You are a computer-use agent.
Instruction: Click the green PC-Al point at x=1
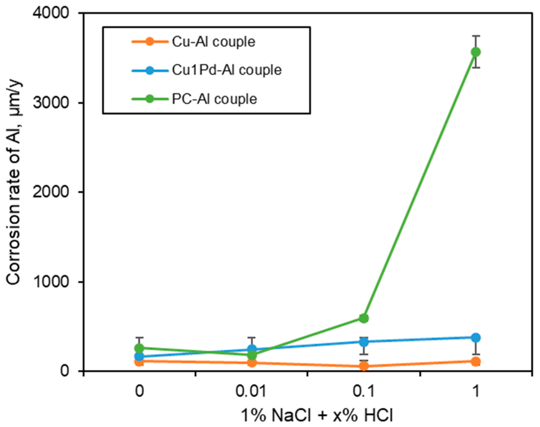476,52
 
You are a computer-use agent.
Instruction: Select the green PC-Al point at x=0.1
364,318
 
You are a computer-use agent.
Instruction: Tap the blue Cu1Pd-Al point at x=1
476,338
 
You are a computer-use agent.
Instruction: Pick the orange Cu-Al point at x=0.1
364,366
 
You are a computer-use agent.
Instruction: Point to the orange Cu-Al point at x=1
476,361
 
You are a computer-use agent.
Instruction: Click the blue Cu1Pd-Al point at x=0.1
364,342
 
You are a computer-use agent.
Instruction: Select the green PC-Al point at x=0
139,348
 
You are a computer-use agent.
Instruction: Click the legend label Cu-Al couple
213,42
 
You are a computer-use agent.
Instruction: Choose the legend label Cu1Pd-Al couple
226,70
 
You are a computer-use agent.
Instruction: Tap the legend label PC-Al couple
214,99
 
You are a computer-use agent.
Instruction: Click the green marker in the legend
150,99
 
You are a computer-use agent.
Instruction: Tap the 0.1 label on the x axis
363,391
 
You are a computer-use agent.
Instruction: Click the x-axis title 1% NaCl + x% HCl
316,415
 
